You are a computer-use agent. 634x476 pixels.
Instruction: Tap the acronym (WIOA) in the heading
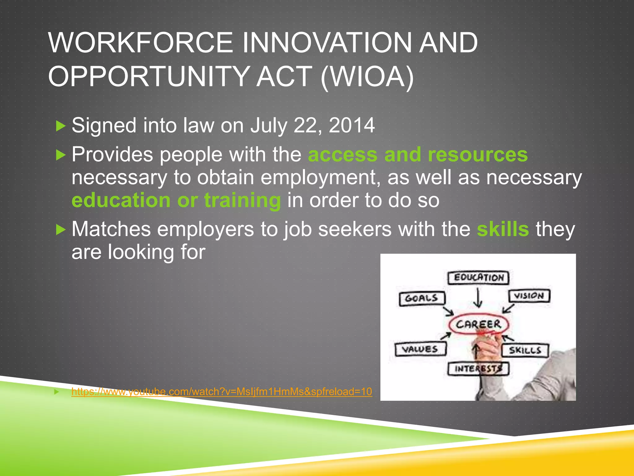point(367,77)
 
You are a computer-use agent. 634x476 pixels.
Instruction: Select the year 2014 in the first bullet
point(352,126)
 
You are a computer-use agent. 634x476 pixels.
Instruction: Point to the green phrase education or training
point(176,200)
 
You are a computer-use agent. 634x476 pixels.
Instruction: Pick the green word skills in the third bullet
point(503,229)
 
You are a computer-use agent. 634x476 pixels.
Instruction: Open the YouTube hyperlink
point(221,392)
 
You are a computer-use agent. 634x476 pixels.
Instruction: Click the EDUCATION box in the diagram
point(478,277)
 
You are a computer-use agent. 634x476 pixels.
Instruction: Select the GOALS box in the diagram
point(422,298)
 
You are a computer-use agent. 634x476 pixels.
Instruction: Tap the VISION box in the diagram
point(529,296)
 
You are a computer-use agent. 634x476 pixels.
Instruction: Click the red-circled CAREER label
point(478,324)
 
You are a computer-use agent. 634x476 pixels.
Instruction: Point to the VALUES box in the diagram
point(420,349)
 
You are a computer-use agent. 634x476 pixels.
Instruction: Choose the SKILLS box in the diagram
point(525,350)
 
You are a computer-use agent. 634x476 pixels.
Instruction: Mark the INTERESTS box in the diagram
point(478,368)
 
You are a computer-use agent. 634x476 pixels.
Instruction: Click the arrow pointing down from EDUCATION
point(478,297)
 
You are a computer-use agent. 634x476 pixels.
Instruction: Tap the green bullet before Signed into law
point(61,126)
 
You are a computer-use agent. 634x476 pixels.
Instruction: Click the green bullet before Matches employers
point(61,230)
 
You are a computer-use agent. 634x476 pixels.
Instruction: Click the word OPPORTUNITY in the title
point(149,77)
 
